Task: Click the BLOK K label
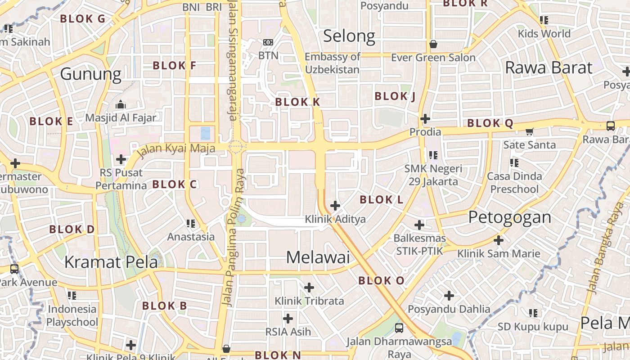pyautogui.click(x=297, y=102)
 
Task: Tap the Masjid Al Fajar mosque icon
pyautogui.click(x=120, y=105)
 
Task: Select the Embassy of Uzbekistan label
pyautogui.click(x=333, y=63)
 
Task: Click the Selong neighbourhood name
pyautogui.click(x=349, y=36)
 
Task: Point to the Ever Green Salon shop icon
pyautogui.click(x=433, y=44)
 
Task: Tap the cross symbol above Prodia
pyautogui.click(x=425, y=119)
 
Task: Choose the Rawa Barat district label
pyautogui.click(x=549, y=68)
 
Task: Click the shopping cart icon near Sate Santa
pyautogui.click(x=529, y=132)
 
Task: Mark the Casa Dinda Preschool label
pyautogui.click(x=514, y=182)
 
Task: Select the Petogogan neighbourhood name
pyautogui.click(x=509, y=217)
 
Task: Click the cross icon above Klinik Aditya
pyautogui.click(x=335, y=206)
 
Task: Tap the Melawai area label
pyautogui.click(x=318, y=257)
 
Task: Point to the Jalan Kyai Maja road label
pyautogui.click(x=175, y=148)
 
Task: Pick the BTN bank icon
pyautogui.click(x=268, y=42)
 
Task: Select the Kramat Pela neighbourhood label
pyautogui.click(x=111, y=261)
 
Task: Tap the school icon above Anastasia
pyautogui.click(x=191, y=223)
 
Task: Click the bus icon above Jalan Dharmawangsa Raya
pyautogui.click(x=399, y=328)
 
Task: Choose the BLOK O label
pyautogui.click(x=381, y=281)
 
